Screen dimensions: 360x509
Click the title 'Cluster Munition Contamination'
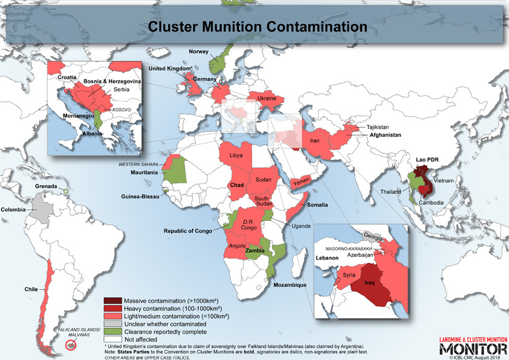[258, 27]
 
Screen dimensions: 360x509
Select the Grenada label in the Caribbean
[46, 186]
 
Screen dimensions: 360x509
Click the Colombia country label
[13, 209]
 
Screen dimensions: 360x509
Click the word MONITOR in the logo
[473, 349]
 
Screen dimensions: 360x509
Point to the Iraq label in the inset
[371, 283]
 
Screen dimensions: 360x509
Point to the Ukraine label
[267, 98]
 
